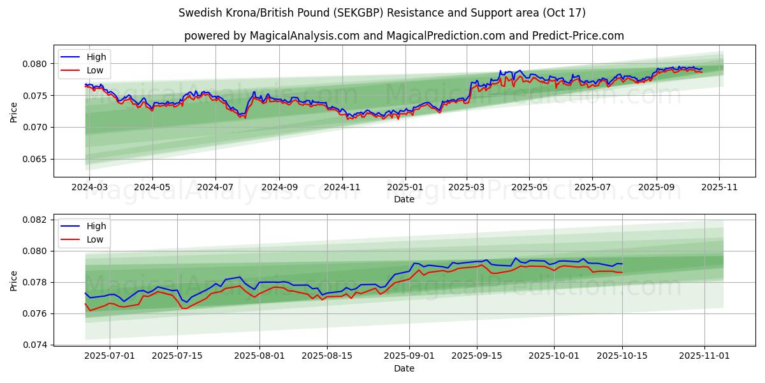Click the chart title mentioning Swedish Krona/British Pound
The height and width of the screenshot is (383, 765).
coord(382,13)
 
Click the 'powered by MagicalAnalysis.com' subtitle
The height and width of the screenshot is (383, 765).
coord(404,36)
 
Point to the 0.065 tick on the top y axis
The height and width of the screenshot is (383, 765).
coord(37,160)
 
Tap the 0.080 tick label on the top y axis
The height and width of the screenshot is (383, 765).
coord(37,64)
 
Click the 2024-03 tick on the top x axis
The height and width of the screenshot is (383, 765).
coord(89,188)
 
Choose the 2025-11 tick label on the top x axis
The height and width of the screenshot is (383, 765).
coord(719,188)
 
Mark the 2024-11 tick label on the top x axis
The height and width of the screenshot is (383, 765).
coord(342,188)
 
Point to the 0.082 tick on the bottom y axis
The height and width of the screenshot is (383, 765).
coord(37,220)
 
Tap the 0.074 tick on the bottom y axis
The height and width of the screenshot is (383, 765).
coord(37,345)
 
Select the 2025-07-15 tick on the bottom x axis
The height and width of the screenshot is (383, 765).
coord(177,356)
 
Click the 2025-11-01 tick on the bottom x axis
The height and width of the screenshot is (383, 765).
coord(704,356)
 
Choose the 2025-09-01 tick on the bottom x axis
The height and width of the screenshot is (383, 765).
coord(409,356)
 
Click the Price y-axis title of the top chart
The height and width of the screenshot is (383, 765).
coord(14,112)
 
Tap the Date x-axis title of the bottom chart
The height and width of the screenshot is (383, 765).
coord(404,368)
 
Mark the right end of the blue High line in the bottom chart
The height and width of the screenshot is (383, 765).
coord(622,264)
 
